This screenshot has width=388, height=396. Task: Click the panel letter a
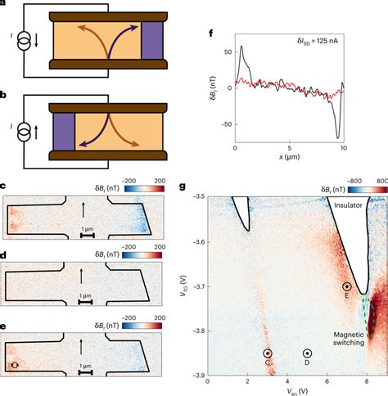[x=5, y=4]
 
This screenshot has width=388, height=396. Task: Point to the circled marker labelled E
[x=347, y=286]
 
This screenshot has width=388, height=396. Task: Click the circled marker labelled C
[x=268, y=353]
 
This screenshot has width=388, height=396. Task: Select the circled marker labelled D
[x=307, y=353]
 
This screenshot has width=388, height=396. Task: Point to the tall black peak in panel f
[x=243, y=48]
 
